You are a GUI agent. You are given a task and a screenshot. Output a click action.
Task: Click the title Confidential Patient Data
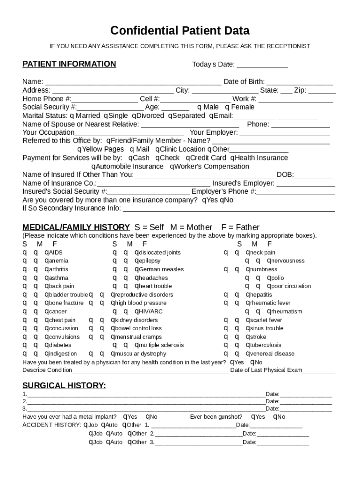tap(180, 31)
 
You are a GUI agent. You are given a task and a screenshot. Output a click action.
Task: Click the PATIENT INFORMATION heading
tap(69, 64)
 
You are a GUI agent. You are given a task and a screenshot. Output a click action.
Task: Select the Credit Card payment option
tap(188, 158)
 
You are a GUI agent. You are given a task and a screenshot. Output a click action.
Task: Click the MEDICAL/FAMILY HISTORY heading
tap(76, 227)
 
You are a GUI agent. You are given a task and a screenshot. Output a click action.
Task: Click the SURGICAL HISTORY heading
tap(64, 385)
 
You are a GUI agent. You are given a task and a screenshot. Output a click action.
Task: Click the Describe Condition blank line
tap(150, 371)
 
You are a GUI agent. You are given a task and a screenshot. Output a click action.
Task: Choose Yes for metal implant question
tap(125, 417)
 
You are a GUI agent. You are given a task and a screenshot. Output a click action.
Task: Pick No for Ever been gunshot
tap(276, 417)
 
